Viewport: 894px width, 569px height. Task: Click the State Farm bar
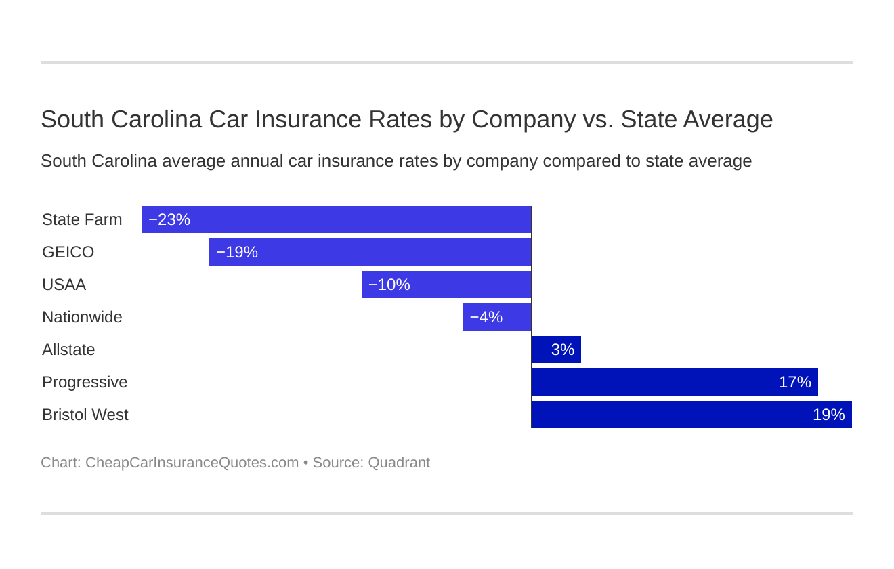(337, 219)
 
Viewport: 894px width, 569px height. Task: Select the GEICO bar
(370, 252)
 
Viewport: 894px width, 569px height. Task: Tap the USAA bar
(446, 284)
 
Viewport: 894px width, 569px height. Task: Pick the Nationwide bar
(497, 317)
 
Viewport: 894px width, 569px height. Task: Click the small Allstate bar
(556, 350)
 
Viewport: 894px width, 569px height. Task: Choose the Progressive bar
(675, 382)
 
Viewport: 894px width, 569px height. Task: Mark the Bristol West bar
(691, 415)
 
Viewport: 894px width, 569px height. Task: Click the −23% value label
(169, 219)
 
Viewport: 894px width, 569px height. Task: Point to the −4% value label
(486, 317)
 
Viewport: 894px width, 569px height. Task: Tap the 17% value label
(794, 382)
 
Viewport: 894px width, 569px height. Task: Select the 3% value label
(563, 350)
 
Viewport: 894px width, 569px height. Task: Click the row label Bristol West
(85, 415)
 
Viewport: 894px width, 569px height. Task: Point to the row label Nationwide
(82, 317)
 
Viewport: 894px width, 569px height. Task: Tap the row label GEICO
(68, 252)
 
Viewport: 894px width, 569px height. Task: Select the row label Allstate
(68, 350)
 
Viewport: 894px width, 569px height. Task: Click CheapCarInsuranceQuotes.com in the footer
(192, 463)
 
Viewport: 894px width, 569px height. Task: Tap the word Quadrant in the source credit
(399, 463)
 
